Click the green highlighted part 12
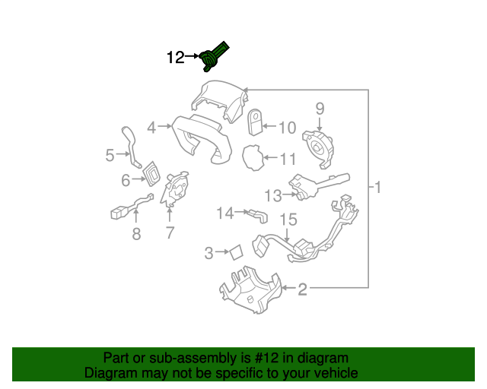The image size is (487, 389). pos(215,56)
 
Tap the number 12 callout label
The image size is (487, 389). pos(175,57)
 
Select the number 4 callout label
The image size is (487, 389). pos(152,128)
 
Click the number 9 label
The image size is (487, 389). pos(320,108)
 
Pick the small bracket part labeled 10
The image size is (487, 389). pos(256,121)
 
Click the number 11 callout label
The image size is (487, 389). pos(287,160)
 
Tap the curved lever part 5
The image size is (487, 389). pos(131,144)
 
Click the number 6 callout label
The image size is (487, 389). pos(126,180)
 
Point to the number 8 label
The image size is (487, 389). pos(136,234)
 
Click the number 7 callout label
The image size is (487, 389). pos(170,234)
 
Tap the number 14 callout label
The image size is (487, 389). pos(224,213)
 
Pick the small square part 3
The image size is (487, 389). pos(236,251)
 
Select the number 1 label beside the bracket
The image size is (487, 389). pos(377,187)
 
